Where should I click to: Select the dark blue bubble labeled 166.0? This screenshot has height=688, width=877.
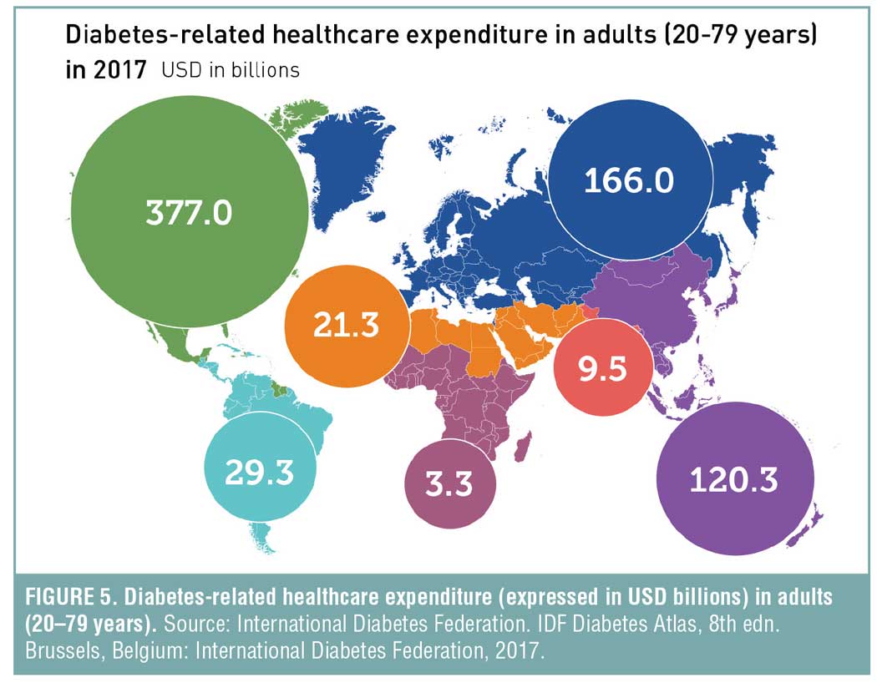[628, 180]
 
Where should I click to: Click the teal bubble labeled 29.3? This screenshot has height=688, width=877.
[260, 472]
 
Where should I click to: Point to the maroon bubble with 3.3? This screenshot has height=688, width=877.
[449, 484]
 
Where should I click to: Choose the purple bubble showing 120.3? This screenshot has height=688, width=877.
[734, 479]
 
